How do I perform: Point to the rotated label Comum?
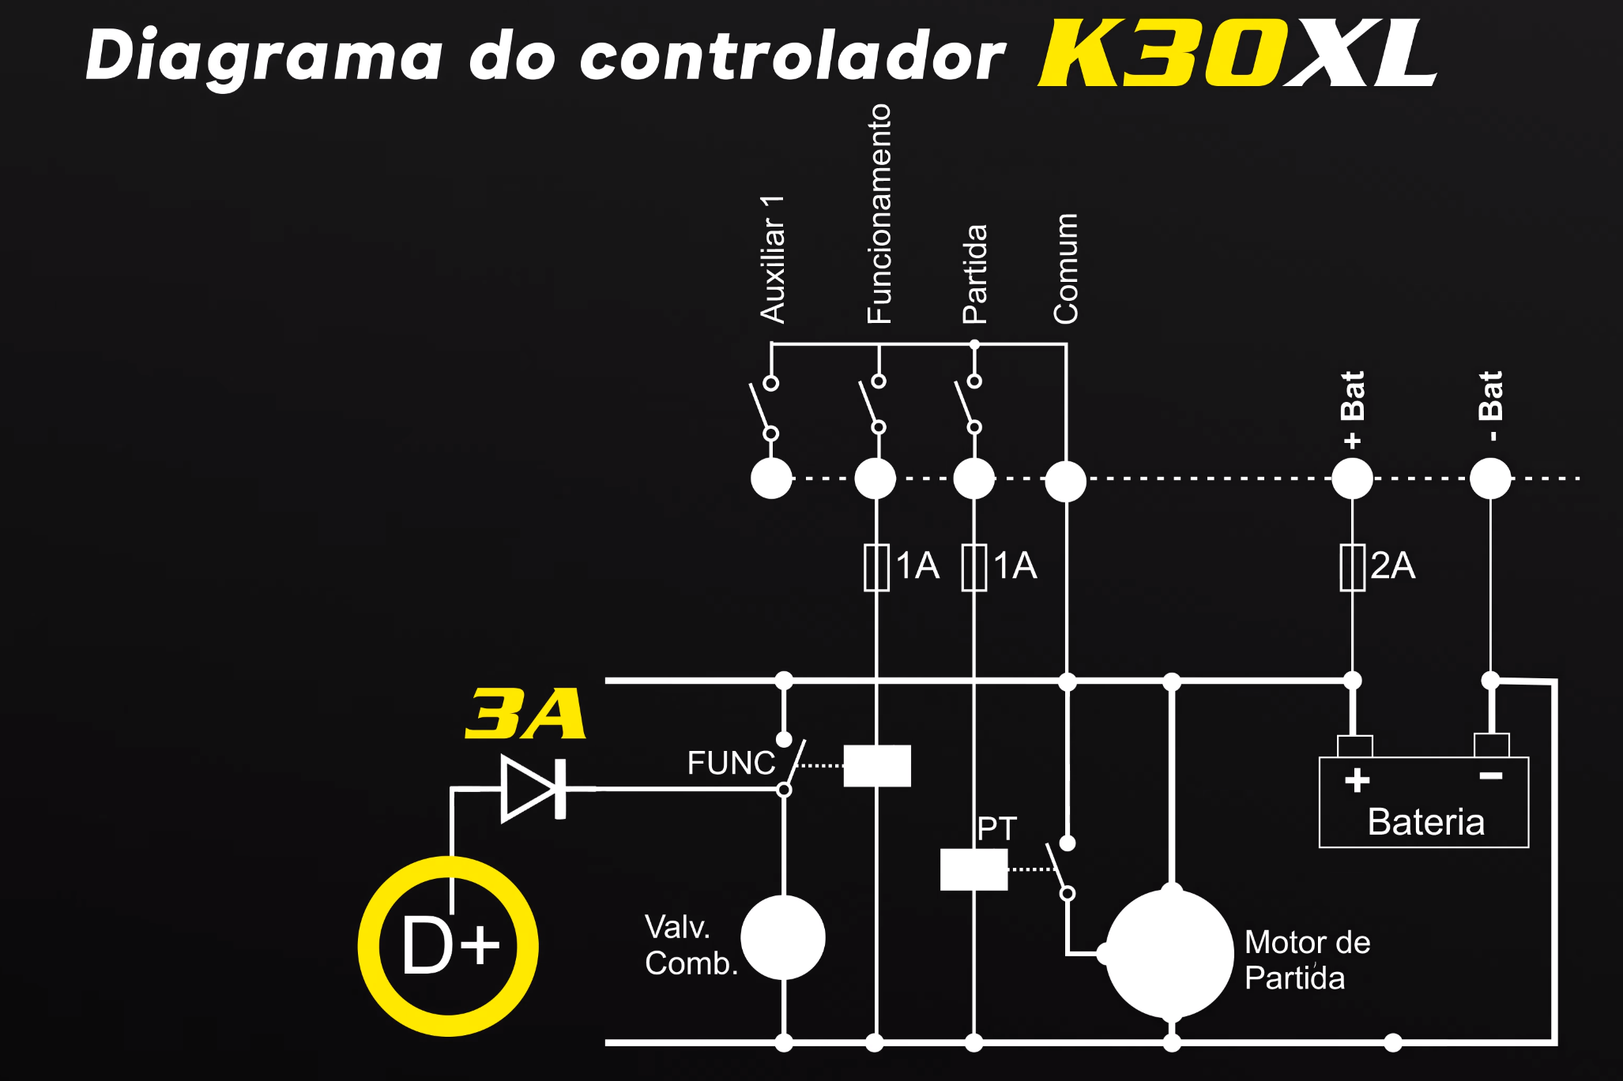tap(1066, 268)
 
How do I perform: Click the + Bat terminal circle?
tap(1352, 479)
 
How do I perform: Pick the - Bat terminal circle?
tap(1490, 479)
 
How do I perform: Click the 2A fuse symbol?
tap(1352, 567)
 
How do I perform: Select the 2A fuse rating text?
tap(1393, 565)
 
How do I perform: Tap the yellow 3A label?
tap(525, 714)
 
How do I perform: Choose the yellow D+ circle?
tap(449, 946)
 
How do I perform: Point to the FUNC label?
tap(731, 763)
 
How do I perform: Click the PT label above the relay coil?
tap(996, 829)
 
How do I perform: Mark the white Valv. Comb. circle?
tap(783, 937)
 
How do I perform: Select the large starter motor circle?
tap(1170, 954)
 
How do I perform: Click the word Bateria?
tap(1425, 822)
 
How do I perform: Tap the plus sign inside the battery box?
tap(1358, 780)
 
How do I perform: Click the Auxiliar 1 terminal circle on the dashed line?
tap(771, 479)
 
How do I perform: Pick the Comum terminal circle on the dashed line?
tap(1066, 481)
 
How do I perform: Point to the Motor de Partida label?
tap(1307, 960)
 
